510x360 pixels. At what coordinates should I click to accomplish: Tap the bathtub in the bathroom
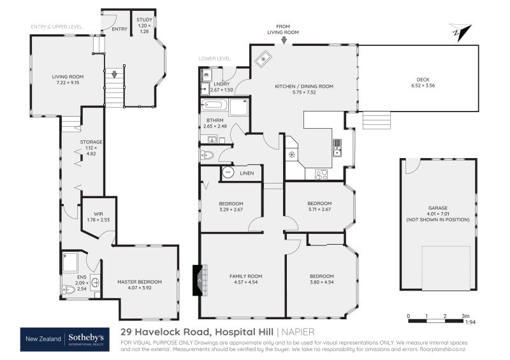(214, 106)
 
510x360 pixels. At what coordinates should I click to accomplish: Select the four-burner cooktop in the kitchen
(321, 173)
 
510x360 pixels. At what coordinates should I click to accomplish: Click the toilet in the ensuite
(69, 289)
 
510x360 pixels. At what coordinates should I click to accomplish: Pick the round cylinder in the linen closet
(228, 173)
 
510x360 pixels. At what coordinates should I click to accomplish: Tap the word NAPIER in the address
(297, 332)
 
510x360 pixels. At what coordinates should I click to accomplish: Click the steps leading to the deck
(375, 120)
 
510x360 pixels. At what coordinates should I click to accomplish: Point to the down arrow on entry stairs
(114, 75)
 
